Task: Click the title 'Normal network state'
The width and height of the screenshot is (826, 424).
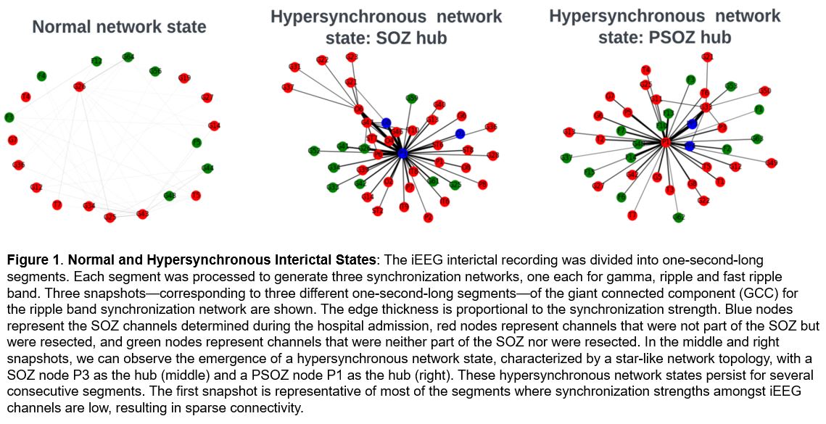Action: [x=120, y=28]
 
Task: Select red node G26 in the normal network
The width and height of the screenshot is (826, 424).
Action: [x=79, y=88]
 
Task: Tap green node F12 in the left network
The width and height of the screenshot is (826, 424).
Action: [x=96, y=62]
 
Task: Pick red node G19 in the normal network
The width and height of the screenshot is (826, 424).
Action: [x=184, y=78]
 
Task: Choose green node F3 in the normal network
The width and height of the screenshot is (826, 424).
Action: [x=9, y=117]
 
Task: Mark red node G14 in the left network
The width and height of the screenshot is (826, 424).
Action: [x=213, y=125]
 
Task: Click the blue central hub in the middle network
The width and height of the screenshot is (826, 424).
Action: [x=402, y=153]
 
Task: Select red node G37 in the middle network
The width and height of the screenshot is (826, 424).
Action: [x=288, y=88]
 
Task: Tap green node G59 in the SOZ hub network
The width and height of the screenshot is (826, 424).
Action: [x=411, y=99]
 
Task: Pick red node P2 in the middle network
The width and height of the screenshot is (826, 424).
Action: [x=428, y=217]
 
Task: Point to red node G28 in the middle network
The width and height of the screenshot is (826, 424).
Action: [x=493, y=155]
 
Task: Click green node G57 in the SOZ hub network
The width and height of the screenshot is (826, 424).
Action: [x=314, y=151]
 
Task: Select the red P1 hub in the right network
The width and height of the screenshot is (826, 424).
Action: [x=665, y=144]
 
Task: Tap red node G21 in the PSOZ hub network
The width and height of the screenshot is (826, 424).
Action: [x=708, y=57]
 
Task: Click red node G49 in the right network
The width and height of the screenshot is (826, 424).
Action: [x=772, y=162]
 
